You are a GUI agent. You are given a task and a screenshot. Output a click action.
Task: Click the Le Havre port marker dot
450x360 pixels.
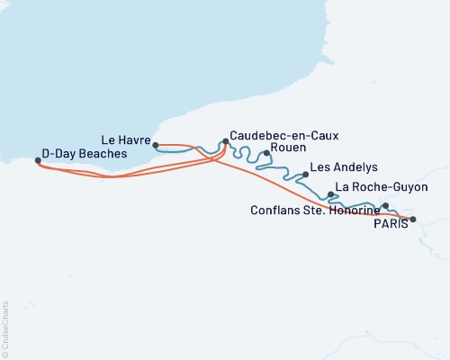156,145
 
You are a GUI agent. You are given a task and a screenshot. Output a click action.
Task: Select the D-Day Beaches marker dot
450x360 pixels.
37,161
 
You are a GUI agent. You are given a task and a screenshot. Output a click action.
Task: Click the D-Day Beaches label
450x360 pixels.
82,155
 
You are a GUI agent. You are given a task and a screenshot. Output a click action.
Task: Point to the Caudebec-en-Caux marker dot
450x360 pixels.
225,141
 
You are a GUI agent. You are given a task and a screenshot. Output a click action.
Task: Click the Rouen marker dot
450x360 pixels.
266,153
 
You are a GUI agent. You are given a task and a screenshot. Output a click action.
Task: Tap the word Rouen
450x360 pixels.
288,147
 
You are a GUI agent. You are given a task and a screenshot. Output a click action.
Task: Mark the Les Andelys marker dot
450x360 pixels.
305,175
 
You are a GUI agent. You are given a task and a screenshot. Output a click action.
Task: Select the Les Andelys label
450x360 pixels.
343,168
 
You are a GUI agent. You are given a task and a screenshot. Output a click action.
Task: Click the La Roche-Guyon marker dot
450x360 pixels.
331,194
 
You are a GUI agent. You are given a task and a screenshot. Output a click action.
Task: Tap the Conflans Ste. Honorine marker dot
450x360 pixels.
385,206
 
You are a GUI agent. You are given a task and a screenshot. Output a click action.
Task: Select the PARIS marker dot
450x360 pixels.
413,219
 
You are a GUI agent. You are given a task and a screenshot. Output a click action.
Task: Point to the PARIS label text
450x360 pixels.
391,225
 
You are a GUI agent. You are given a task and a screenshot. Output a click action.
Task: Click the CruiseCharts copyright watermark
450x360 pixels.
5,329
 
